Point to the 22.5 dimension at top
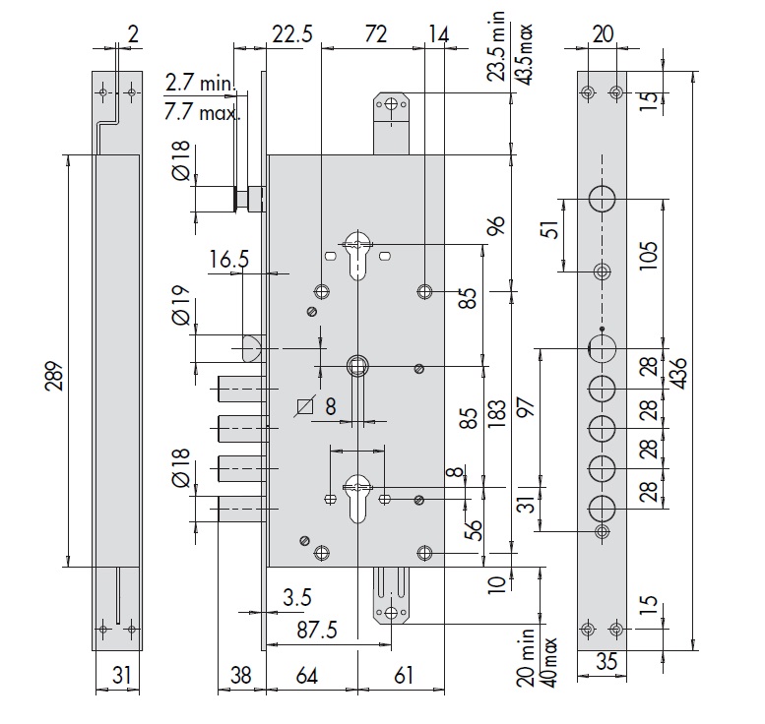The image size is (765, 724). (292, 34)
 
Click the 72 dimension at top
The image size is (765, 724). (374, 34)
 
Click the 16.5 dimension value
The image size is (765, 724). (228, 260)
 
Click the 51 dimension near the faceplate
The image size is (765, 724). (552, 230)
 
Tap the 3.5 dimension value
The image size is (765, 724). (296, 597)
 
